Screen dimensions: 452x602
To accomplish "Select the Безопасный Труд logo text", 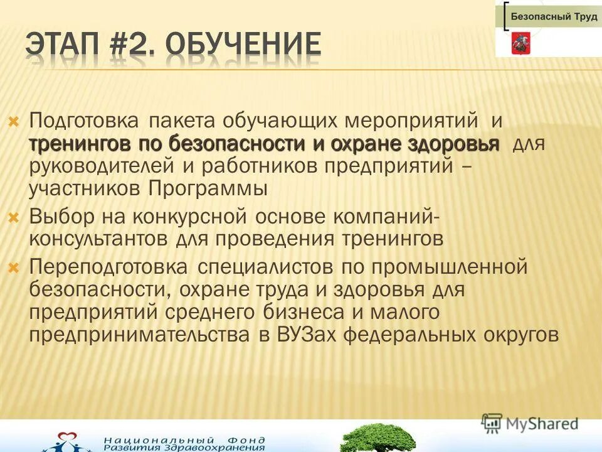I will click(554, 17).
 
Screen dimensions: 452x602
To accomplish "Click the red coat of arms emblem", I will click(519, 43).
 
